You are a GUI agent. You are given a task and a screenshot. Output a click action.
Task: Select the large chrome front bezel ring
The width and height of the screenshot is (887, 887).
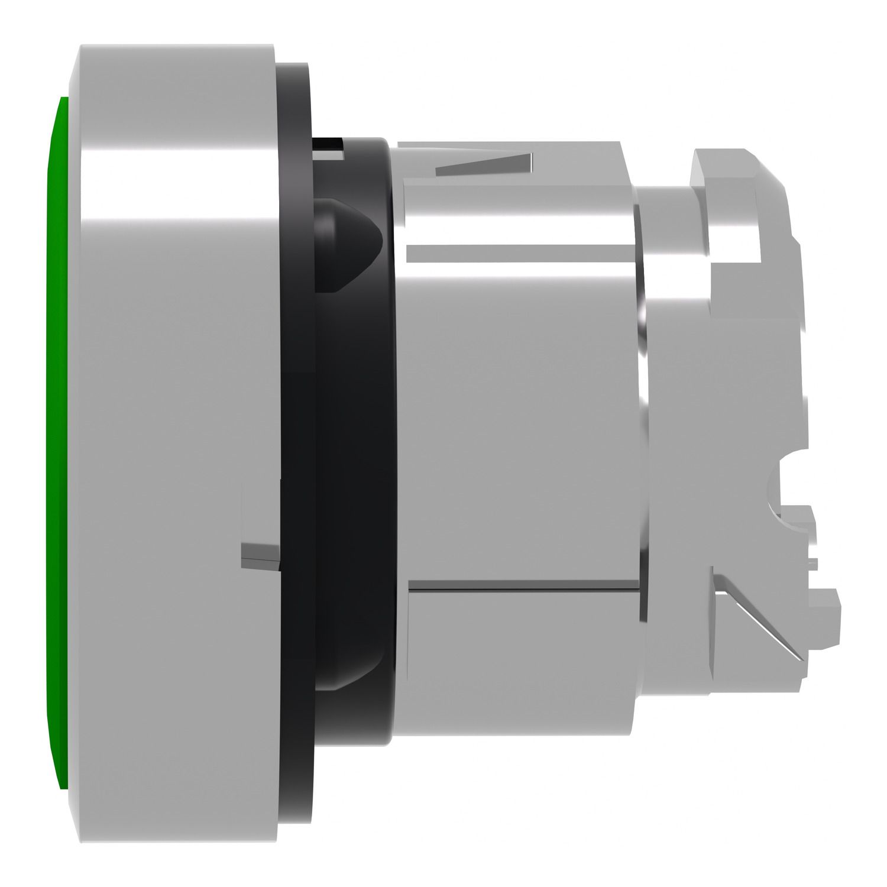171,355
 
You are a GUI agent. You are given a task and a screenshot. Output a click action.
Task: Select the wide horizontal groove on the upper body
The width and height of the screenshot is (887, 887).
514,253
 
